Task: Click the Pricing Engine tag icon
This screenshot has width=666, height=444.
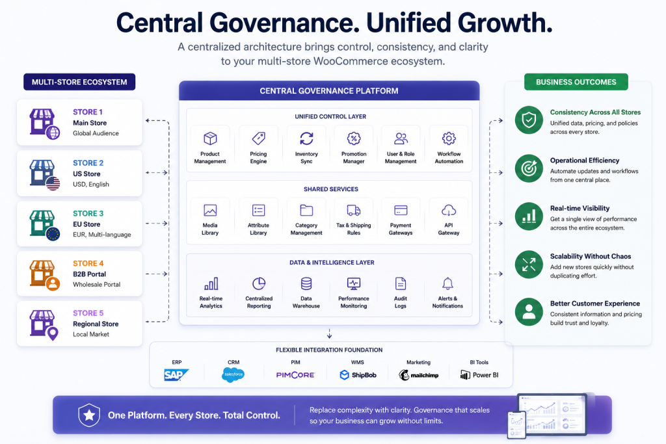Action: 258,138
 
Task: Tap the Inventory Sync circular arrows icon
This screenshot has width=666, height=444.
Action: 306,138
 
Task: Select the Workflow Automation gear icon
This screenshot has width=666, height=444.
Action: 449,138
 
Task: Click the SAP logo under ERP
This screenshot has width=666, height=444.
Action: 176,375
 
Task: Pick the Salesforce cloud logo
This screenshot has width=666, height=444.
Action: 233,374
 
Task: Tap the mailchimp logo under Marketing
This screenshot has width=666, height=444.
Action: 418,375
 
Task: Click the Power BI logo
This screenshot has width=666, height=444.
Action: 479,375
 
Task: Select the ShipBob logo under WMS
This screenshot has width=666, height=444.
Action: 358,375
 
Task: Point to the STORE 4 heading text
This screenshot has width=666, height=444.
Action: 88,263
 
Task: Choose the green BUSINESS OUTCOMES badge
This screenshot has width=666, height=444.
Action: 576,82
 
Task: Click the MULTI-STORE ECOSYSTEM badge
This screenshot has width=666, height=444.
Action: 79,82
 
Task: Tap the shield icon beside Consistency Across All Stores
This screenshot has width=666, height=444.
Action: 529,120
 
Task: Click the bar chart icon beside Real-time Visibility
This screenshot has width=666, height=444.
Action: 529,216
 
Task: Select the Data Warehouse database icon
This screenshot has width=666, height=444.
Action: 306,283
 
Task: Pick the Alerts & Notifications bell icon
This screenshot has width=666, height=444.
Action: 447,283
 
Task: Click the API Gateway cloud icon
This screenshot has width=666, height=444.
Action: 449,210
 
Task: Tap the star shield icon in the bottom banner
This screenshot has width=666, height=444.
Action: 89,415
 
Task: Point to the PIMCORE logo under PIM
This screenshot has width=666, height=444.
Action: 296,375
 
